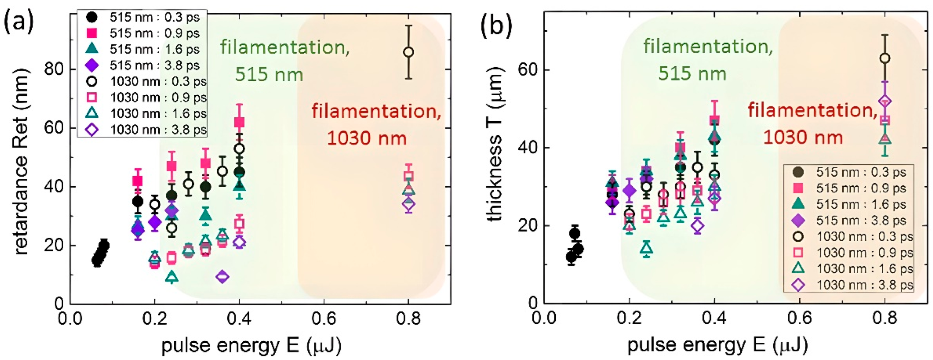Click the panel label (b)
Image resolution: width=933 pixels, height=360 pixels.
tap(496, 25)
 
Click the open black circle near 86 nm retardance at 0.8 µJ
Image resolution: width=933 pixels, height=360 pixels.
tap(409, 52)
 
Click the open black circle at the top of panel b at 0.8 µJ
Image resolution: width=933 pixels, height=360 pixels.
tap(885, 58)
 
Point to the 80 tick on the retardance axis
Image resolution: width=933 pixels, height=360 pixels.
tap(54, 69)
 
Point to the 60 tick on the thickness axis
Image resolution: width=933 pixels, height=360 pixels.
tap(528, 69)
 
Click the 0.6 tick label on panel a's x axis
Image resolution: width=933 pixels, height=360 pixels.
tap(323, 319)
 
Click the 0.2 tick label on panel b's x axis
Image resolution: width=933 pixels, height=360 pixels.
tap(629, 319)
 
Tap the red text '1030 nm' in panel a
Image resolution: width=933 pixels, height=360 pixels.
tap(367, 138)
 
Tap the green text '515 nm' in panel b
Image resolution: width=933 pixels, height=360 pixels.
tap(692, 74)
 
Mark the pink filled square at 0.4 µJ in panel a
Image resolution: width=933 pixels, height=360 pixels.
tap(239, 122)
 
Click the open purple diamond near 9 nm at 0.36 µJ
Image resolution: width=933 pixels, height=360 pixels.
tap(222, 277)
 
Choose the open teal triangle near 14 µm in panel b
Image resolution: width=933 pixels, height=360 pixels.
tap(646, 249)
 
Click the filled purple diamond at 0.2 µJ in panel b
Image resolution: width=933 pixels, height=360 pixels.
tap(629, 190)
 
